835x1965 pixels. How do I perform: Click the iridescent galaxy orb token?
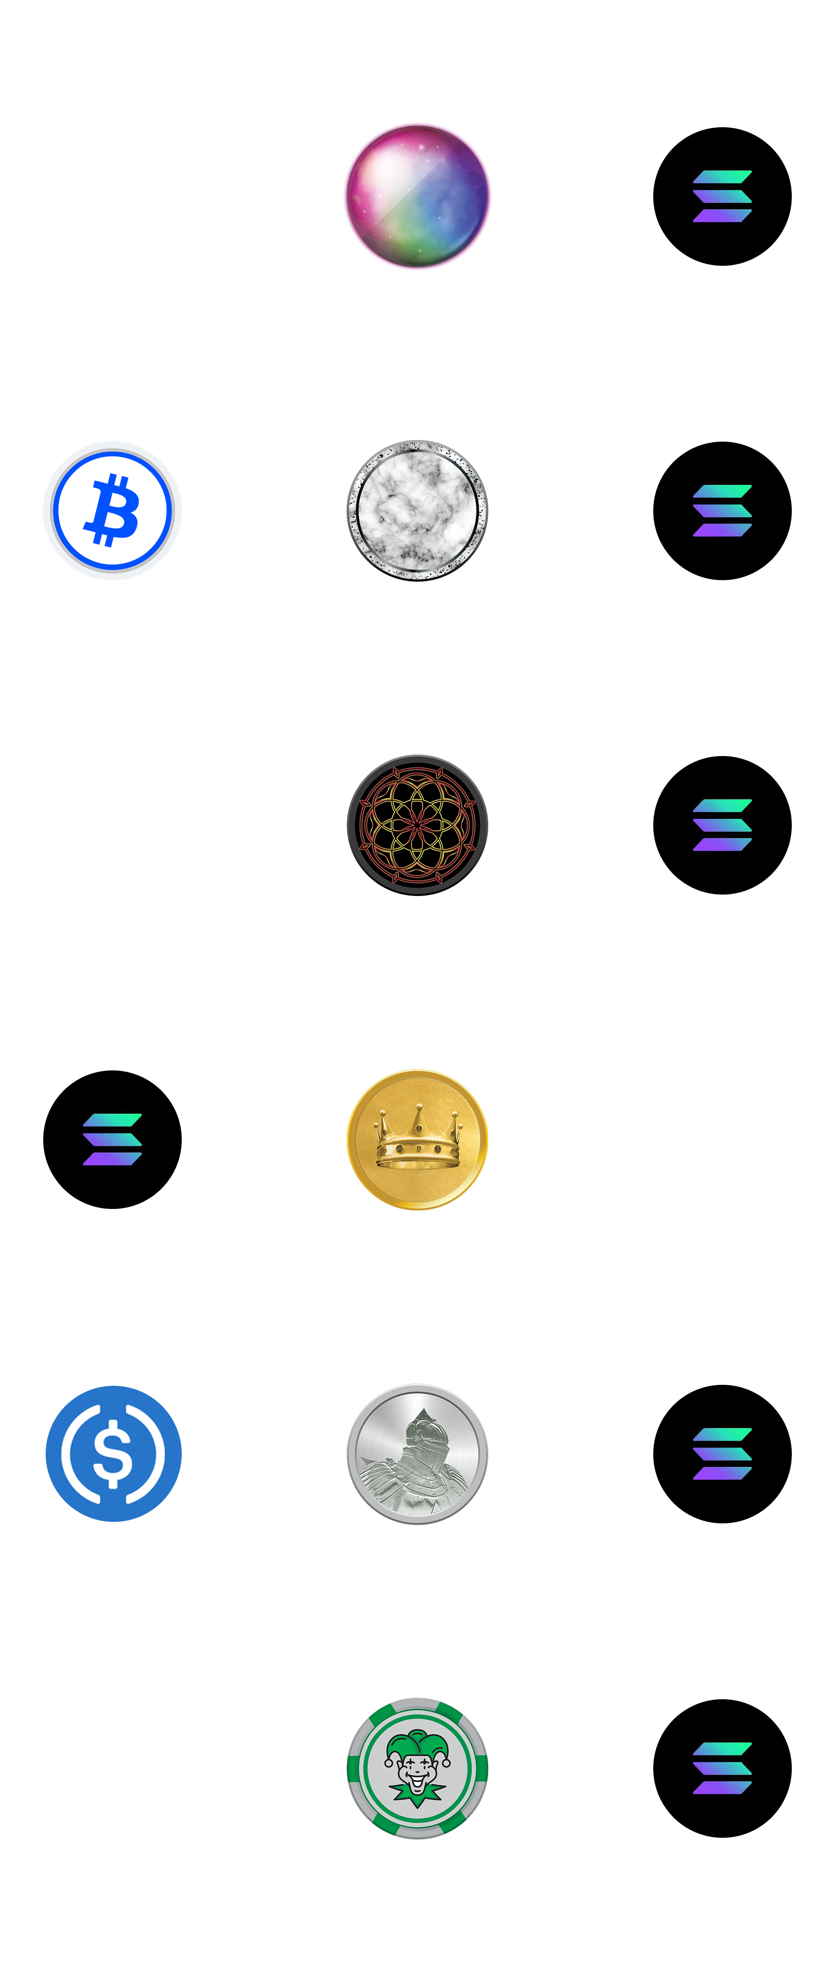pos(417,196)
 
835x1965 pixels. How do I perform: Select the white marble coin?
pos(417,509)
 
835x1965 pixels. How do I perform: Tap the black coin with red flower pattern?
pos(417,824)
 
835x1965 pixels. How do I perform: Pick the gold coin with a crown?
pos(417,1139)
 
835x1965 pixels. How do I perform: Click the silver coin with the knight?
pos(417,1453)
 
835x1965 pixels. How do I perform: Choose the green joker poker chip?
pos(417,1768)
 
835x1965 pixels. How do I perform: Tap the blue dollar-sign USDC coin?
pos(113,1453)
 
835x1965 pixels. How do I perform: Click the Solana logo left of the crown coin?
pos(112,1139)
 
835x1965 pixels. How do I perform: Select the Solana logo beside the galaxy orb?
pos(722,196)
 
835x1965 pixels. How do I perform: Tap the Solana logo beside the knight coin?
pos(722,1453)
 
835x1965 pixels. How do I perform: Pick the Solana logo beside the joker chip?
pos(722,1768)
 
